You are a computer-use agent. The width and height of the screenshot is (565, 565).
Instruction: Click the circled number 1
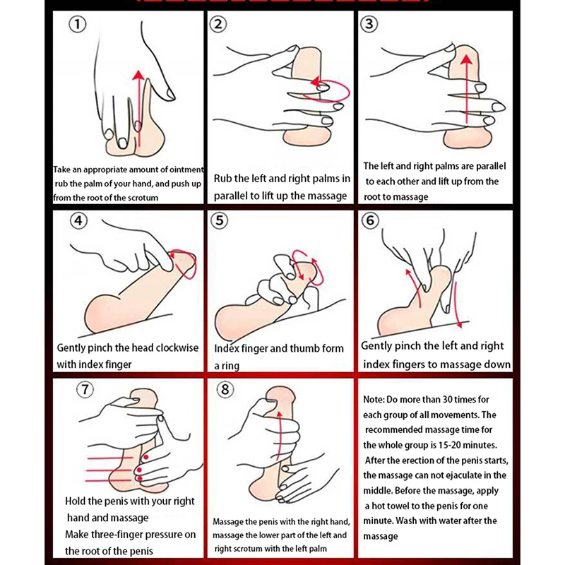click(x=78, y=24)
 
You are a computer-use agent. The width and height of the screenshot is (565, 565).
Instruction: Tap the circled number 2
click(x=218, y=24)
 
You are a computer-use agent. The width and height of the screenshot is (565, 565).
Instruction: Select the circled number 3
click(x=369, y=24)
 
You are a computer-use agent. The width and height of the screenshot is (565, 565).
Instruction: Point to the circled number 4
click(x=78, y=220)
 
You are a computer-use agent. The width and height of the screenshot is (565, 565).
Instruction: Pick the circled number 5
click(x=219, y=220)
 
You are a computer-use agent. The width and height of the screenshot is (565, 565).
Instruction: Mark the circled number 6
click(x=370, y=220)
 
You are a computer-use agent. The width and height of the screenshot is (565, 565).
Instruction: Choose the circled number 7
click(x=85, y=389)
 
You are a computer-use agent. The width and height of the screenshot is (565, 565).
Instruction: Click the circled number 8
click(x=225, y=389)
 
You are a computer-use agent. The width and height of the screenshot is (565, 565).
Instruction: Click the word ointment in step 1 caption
click(x=186, y=169)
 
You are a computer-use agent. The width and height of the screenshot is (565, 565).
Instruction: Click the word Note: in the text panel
click(x=374, y=399)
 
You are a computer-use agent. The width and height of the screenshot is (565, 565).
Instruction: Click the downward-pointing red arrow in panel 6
click(x=457, y=304)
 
